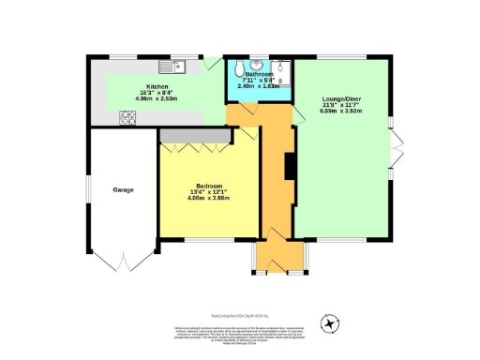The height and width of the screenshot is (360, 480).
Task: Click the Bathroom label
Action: [x=258, y=73]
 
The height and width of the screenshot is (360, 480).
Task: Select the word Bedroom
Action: [x=207, y=184]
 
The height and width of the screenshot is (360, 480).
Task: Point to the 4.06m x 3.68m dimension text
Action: [x=207, y=198]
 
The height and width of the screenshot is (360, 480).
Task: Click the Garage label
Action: [x=123, y=190]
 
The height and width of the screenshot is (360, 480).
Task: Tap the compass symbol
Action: [x=329, y=323]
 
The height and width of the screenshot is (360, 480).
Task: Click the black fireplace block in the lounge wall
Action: [x=291, y=165]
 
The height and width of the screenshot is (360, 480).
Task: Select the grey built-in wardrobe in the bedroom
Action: [x=194, y=136]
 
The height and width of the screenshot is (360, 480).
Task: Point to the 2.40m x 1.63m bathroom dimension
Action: [x=258, y=87]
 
